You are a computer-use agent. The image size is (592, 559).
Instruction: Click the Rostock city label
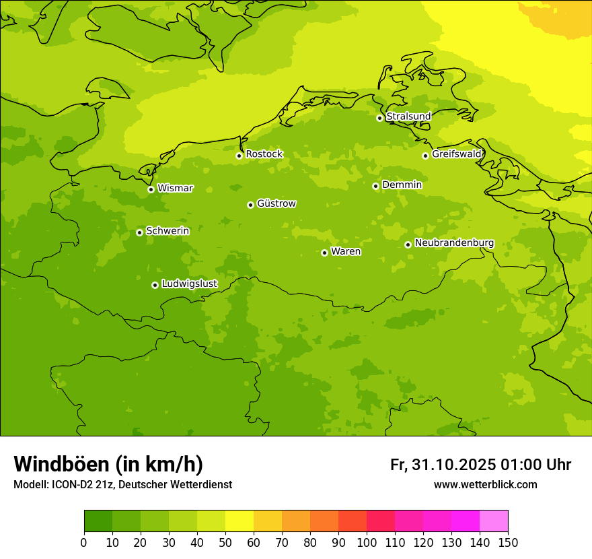[x=264, y=154]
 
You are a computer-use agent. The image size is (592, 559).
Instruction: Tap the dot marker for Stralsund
[x=379, y=118]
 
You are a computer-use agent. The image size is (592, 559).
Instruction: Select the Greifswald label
[x=456, y=154]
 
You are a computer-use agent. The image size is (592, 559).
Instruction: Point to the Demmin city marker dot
[x=375, y=186]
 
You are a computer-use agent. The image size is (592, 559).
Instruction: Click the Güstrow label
[x=276, y=203]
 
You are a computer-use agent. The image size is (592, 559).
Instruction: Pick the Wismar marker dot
[x=151, y=189]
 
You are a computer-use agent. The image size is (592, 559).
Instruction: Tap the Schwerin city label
[x=168, y=231]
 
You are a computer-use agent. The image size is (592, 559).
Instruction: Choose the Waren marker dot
[x=324, y=253]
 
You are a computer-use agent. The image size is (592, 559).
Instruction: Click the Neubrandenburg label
[x=454, y=243]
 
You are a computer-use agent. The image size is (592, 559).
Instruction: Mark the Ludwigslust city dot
[x=155, y=285]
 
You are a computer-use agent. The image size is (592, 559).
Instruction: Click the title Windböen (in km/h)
[x=108, y=464]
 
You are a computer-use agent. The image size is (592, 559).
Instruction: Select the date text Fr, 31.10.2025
[x=443, y=465]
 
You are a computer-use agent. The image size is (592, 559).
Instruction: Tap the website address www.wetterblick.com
[x=485, y=485]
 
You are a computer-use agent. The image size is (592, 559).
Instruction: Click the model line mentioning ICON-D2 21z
[x=122, y=485]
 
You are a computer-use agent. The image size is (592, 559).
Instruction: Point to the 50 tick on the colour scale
[x=225, y=542]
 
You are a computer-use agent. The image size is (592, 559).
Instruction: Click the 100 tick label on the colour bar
[x=367, y=542]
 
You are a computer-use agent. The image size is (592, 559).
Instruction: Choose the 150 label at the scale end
[x=508, y=542]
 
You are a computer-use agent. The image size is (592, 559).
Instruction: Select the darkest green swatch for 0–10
[x=98, y=521]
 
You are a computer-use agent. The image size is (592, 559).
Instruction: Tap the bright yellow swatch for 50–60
[x=239, y=521]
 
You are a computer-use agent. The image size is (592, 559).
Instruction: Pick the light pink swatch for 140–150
[x=494, y=521]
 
